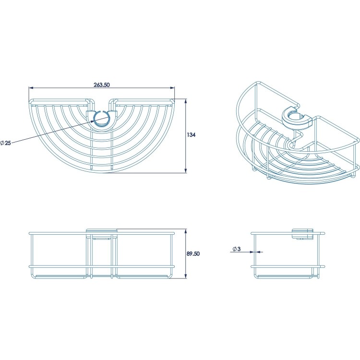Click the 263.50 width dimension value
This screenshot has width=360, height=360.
[102, 84]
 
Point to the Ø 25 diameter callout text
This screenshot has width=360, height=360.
[7, 143]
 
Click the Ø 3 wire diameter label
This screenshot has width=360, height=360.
[237, 249]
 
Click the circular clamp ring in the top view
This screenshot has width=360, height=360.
[101, 120]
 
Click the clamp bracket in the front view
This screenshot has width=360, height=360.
[101, 233]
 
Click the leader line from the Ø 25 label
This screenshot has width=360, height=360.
[53, 132]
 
